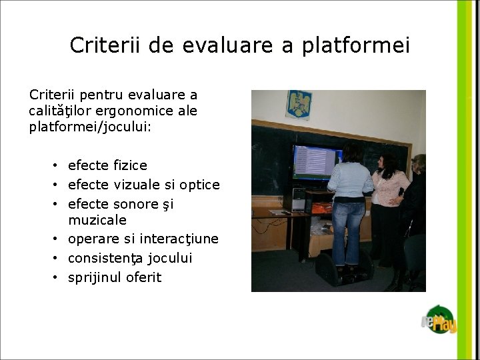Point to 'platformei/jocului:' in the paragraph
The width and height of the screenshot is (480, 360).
point(91,126)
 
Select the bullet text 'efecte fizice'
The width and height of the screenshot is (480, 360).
point(107,165)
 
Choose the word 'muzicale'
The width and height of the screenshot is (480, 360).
point(97,220)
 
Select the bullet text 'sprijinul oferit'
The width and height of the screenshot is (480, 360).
point(115,277)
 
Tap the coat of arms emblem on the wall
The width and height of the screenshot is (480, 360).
point(299,105)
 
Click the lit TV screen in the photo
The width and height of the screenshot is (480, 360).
point(313,162)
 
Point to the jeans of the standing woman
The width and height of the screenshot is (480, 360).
point(349,230)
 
